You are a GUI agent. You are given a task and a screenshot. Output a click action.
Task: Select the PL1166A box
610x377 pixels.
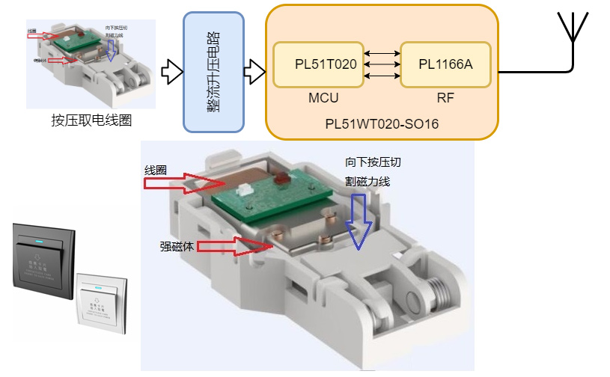tap(445, 64)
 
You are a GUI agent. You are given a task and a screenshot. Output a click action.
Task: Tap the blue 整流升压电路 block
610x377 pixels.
tap(214, 72)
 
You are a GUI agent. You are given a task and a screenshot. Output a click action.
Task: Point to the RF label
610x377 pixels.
tap(445, 97)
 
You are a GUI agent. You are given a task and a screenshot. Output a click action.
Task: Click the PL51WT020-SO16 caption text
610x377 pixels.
tap(382, 123)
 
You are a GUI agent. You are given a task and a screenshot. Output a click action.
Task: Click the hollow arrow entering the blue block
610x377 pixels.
tap(172, 72)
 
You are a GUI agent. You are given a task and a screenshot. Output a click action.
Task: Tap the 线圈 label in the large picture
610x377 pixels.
tap(155, 171)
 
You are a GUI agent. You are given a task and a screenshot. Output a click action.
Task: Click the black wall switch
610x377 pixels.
tap(43, 265)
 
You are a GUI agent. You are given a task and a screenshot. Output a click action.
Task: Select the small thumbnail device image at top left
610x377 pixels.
tap(94, 65)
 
